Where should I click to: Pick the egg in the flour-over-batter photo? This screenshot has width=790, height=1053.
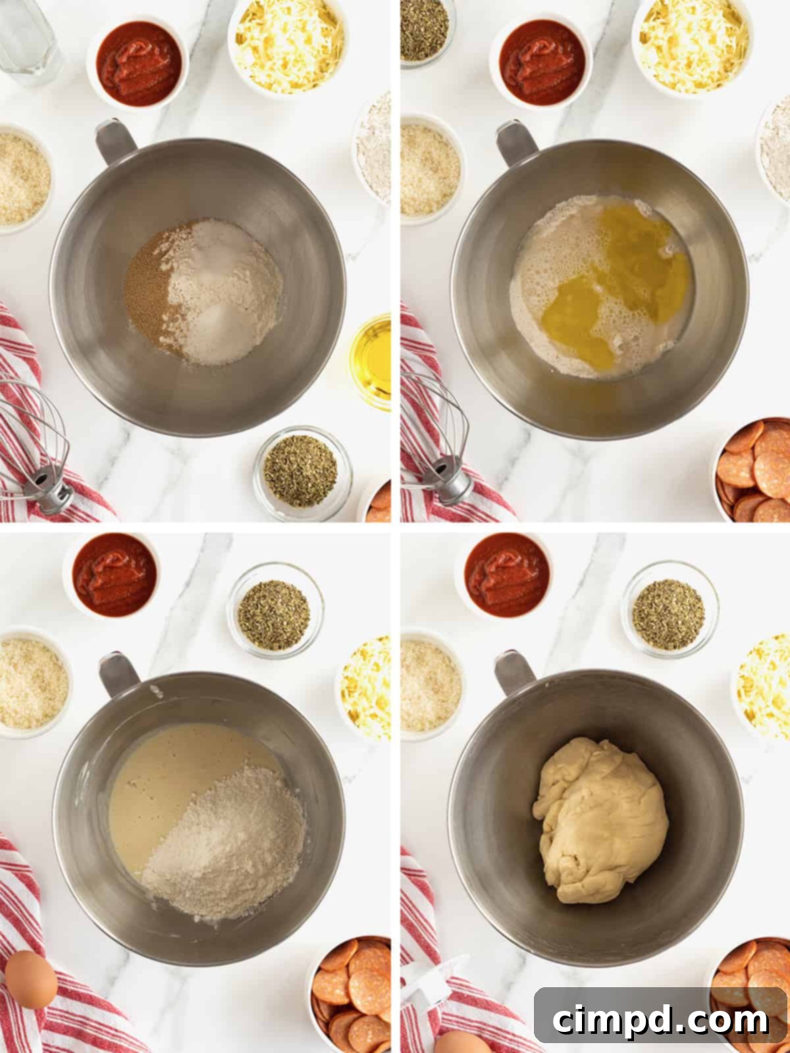tap(30, 979)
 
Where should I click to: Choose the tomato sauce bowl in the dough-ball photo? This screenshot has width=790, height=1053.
tap(507, 574)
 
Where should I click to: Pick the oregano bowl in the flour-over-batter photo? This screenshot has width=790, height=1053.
tap(275, 609)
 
